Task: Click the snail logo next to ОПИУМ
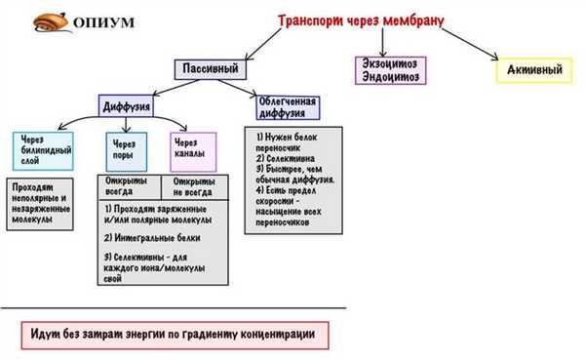coord(44,21)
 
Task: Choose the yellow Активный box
coord(532,70)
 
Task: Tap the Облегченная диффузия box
coord(289,105)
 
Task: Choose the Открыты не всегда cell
coord(196,186)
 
